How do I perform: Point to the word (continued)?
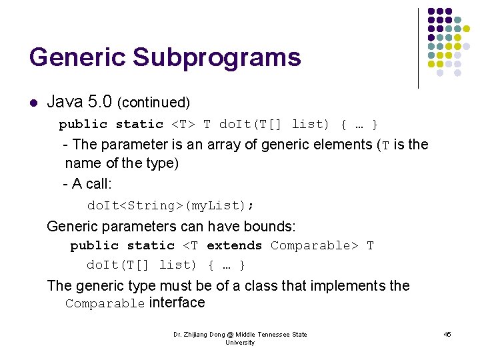[x=153, y=103]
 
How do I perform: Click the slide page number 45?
[x=447, y=334]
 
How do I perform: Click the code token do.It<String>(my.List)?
[x=171, y=205]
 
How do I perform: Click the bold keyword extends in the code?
[x=234, y=245]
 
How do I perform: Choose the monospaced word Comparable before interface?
[x=105, y=304]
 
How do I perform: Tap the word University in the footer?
[x=240, y=342]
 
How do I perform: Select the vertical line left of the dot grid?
[x=418, y=48]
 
